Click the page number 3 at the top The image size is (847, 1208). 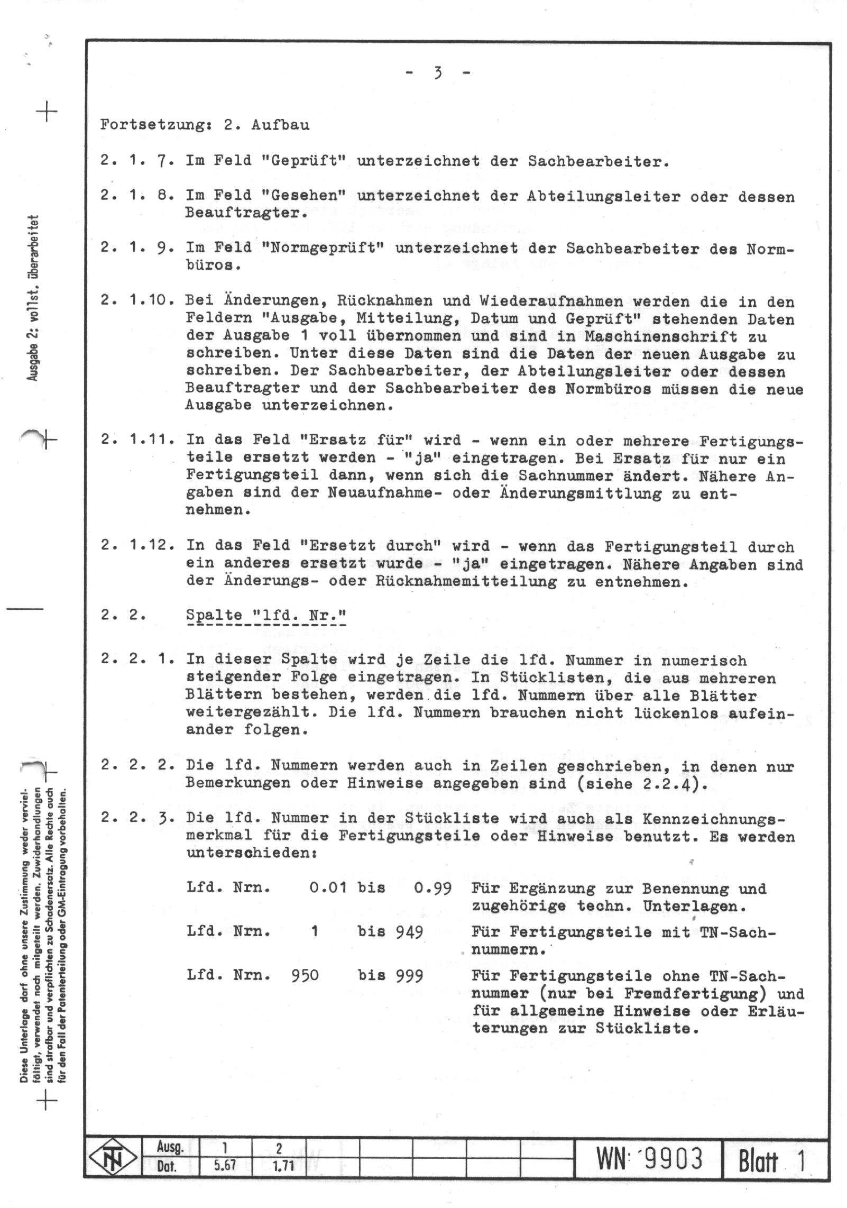pos(437,73)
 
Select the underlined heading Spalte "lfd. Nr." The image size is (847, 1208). pos(266,616)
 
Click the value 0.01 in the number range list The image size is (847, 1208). pos(328,888)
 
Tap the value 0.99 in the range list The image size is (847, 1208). pos(432,888)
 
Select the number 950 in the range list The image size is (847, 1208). pos(305,975)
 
